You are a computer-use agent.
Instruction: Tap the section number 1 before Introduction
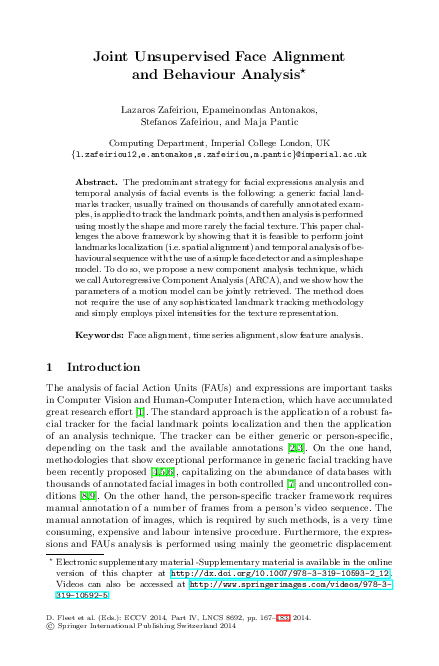point(51,368)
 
